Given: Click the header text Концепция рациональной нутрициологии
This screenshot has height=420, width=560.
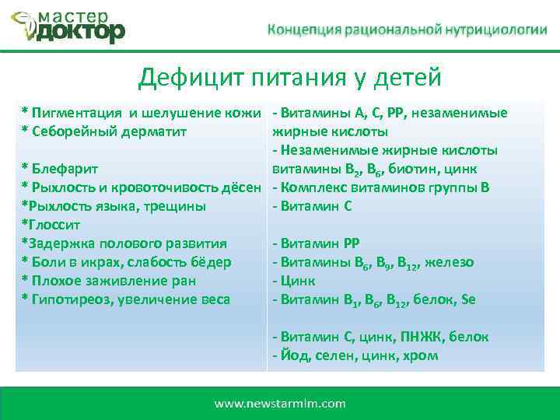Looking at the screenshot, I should tap(402, 30).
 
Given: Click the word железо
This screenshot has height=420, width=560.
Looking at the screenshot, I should tap(452, 262).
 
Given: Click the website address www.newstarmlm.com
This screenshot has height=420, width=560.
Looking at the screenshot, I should tap(280, 403).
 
